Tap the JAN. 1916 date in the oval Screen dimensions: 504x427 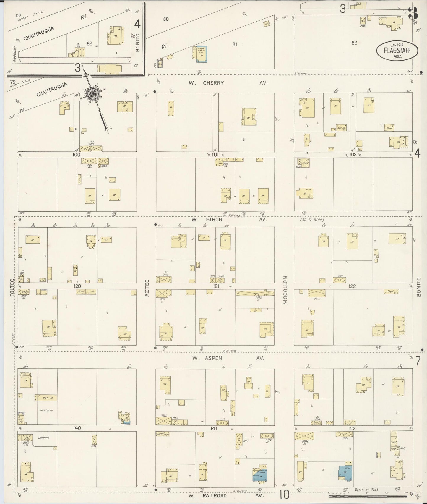tap(397, 45)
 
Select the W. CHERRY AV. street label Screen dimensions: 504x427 tap(228, 83)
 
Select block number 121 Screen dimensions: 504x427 tap(215, 286)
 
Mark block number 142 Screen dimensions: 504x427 tap(352, 428)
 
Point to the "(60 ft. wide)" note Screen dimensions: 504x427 tap(312, 220)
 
